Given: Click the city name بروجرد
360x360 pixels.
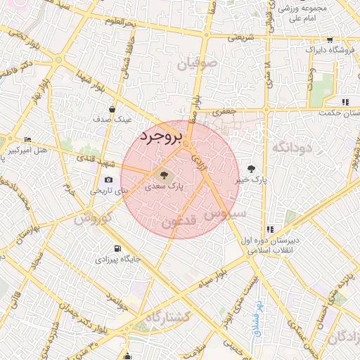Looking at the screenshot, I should [161, 135].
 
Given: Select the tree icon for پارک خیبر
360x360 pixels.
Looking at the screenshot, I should [252, 168].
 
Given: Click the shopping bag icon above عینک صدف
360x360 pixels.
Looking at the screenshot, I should [112, 109].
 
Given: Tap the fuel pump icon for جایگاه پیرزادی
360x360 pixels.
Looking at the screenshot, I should [115, 248].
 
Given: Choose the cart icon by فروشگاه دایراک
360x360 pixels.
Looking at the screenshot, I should [330, 39].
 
